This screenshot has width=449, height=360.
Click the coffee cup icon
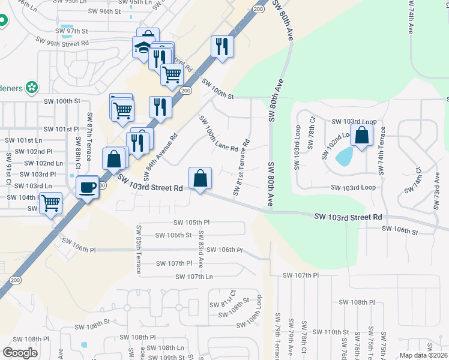pos(88,187)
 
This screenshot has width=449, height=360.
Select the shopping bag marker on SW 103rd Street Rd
pos(200,179)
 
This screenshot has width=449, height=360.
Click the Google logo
pos(20,352)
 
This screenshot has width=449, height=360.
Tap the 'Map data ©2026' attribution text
pos(423,355)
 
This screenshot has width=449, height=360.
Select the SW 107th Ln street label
pos(194,277)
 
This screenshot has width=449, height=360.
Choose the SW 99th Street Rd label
pos(62,42)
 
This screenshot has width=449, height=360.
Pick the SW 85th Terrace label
pos(139,249)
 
